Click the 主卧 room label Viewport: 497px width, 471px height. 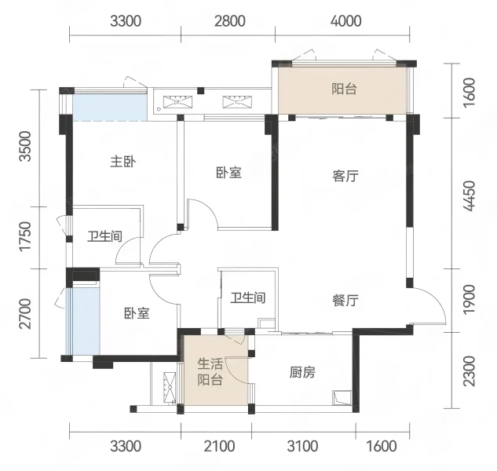(124, 162)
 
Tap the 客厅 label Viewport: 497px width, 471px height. (345, 177)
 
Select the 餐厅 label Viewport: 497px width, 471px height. (345, 300)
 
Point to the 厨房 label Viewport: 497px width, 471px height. (302, 373)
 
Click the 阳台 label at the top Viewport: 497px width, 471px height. (344, 89)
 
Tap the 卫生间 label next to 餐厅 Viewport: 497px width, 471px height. (247, 298)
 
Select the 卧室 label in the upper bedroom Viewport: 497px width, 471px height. (228, 173)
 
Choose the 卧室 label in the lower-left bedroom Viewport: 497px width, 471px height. (137, 312)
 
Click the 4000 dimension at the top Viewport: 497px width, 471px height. (342, 21)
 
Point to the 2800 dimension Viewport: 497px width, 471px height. (228, 21)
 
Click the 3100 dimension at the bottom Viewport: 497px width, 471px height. (302, 447)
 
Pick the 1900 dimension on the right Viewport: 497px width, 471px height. (470, 299)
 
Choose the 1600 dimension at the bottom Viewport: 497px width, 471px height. (381, 447)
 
